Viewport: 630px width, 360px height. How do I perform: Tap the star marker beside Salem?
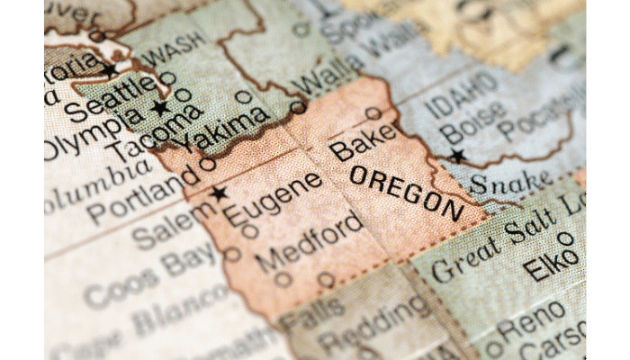(x=219, y=193)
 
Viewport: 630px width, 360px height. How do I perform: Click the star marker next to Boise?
(x=457, y=157)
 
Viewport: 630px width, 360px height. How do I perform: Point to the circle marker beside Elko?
(x=565, y=238)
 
